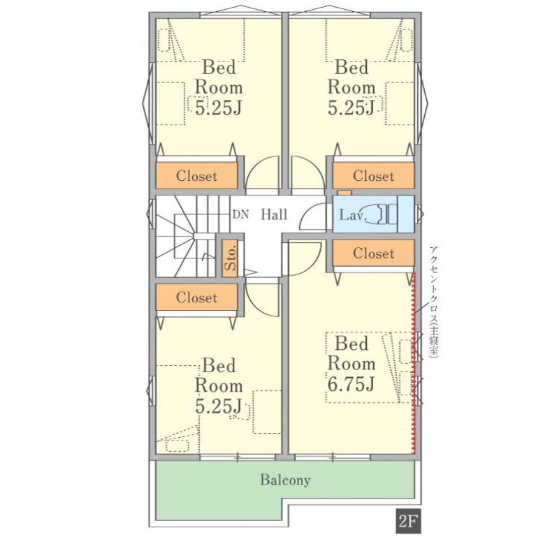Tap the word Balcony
point(285,480)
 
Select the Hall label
point(274,214)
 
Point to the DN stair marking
point(240,215)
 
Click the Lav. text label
point(353,215)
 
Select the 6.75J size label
point(351,384)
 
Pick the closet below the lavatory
point(373,253)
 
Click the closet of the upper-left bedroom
point(196,176)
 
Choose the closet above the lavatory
point(373,176)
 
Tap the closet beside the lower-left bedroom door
point(196,297)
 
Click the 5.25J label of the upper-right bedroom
point(351,108)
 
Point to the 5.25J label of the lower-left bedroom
point(219,406)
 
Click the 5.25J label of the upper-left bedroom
point(219,108)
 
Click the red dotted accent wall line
point(414,363)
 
